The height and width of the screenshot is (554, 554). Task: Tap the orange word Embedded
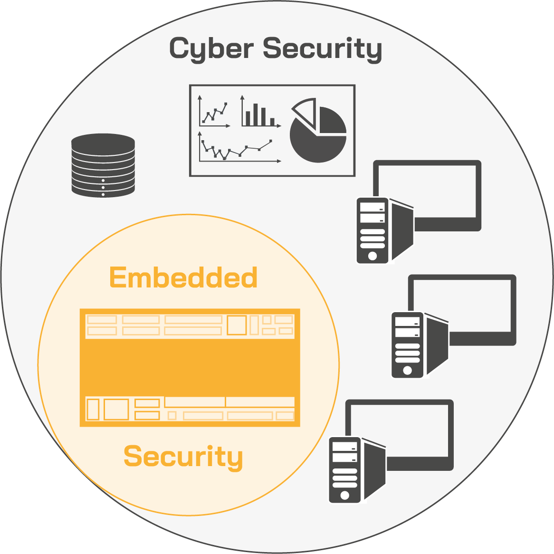(183, 277)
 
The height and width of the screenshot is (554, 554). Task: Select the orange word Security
(183, 456)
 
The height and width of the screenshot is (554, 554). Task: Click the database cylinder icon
(103, 165)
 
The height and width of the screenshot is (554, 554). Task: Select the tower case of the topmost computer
(373, 230)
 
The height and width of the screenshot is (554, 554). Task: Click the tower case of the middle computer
(408, 345)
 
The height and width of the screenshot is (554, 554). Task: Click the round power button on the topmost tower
(373, 256)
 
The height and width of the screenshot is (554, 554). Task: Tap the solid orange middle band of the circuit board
(190, 367)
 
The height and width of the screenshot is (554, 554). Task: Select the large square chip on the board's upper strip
(237, 325)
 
